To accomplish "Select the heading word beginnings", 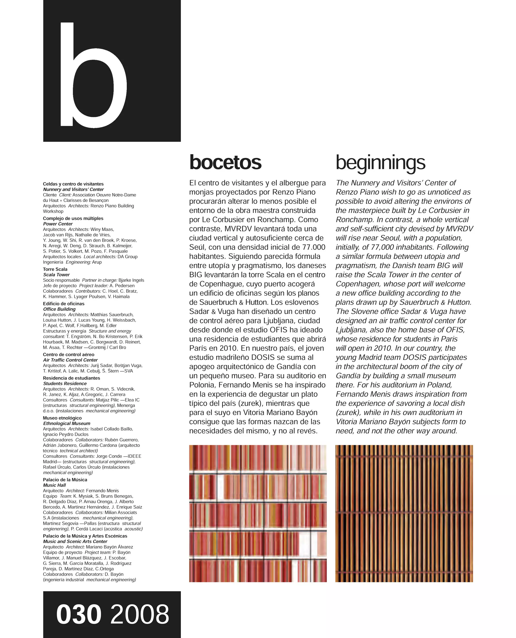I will click(380, 163).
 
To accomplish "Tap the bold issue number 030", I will click(79, 615).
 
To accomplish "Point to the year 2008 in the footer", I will click(140, 615).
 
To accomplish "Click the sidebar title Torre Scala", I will click(55, 269).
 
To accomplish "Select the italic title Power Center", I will click(58, 224).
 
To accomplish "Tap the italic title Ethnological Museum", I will click(67, 423).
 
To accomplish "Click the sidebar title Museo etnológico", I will click(62, 418).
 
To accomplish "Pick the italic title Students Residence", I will click(65, 384).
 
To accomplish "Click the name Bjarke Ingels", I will click(131, 280).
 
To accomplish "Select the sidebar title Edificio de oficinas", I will click(64, 304).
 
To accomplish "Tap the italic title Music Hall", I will click(54, 485).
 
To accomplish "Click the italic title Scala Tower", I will click(57, 275).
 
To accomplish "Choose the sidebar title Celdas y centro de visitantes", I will click(73, 184).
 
